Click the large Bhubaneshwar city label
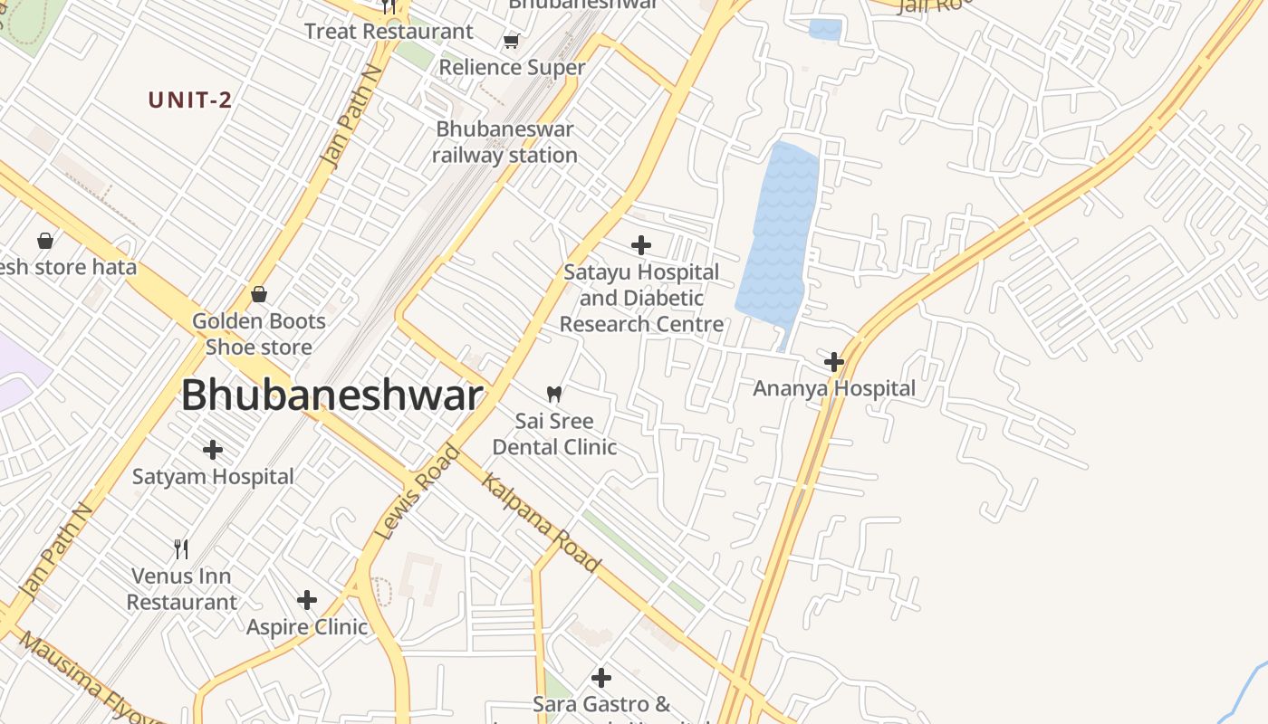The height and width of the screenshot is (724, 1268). click(331, 396)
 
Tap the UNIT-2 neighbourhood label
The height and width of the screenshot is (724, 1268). click(190, 100)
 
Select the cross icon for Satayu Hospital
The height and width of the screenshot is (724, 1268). click(641, 244)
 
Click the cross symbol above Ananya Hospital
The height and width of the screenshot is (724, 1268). click(834, 362)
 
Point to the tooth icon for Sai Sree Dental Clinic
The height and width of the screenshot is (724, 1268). click(554, 394)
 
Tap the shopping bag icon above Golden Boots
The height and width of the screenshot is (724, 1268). click(259, 294)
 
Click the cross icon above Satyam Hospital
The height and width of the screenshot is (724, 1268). click(213, 449)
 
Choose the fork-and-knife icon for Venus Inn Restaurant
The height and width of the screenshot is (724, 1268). click(181, 548)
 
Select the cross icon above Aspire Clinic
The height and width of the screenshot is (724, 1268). click(307, 599)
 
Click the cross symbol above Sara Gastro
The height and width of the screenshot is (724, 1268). click(601, 677)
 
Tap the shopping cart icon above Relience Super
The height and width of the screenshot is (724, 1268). click(512, 41)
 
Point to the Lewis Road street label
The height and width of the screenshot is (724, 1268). click(418, 492)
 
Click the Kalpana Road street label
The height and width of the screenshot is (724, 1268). click(542, 522)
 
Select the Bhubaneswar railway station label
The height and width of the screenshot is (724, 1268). click(504, 142)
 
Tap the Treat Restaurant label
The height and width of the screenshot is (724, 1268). click(389, 32)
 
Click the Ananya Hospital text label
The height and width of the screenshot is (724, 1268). click(834, 388)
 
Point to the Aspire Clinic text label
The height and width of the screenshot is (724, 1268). click(307, 626)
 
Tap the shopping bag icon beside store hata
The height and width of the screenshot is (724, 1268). click(45, 240)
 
